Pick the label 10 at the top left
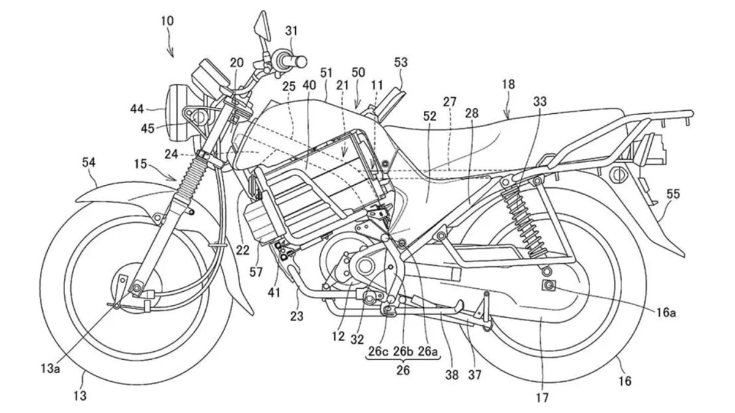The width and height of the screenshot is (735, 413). tap(167, 21)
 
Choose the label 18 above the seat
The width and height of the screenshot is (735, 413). tap(508, 85)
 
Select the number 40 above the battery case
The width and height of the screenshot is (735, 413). tap(311, 86)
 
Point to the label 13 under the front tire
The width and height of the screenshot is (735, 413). tap(80, 396)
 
